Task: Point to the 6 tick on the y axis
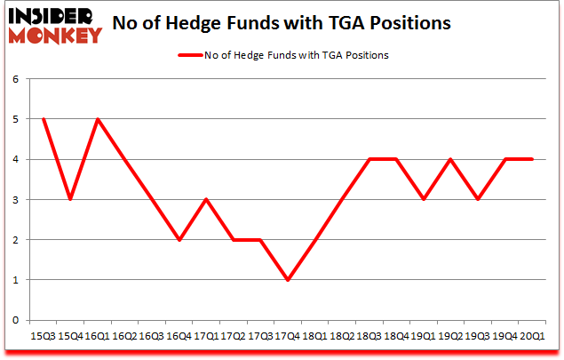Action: coord(15,79)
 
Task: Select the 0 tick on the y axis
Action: coord(15,320)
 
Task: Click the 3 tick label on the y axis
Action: coord(15,200)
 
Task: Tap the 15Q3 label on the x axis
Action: coord(43,337)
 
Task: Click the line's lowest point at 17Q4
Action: coord(288,280)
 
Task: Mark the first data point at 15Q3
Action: coord(43,119)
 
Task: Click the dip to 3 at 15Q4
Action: coord(70,200)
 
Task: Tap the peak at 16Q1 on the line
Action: coord(98,119)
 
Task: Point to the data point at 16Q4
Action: coord(179,240)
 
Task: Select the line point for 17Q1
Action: coord(206,200)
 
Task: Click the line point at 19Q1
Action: coord(424,200)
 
